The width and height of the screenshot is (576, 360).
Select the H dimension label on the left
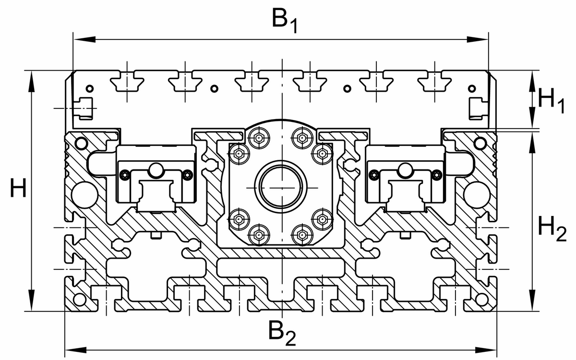tap(18, 190)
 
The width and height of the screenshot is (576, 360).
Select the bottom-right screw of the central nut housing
tap(302, 235)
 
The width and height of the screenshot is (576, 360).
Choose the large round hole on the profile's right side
tap(475, 193)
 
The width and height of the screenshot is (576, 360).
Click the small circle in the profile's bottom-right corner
tap(480, 300)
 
